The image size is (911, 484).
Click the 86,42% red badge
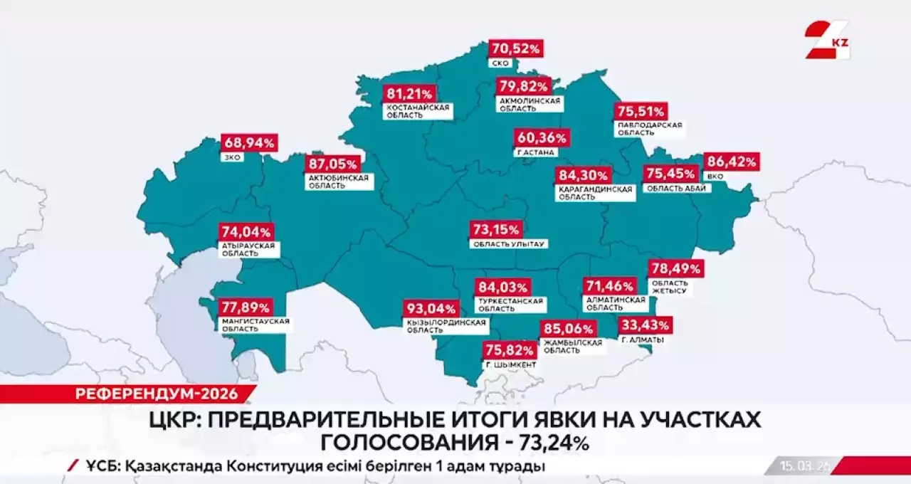tap(731, 162)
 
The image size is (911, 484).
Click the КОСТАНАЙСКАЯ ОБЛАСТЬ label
tap(418, 111)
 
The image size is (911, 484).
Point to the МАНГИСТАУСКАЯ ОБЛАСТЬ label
tap(256, 325)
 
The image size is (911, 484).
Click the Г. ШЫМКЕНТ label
tap(510, 365)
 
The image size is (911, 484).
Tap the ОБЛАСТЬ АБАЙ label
tap(676, 189)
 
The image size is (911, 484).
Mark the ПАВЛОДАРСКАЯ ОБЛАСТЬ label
tap(649, 129)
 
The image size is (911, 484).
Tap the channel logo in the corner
tap(827, 39)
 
